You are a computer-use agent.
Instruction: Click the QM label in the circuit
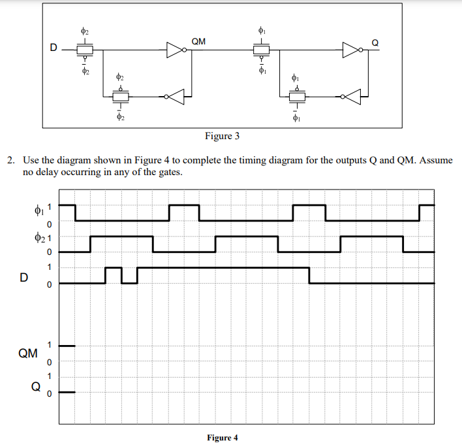[x=199, y=42]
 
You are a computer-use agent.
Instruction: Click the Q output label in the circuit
[x=375, y=42]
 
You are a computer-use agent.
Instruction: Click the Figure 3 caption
[x=222, y=136]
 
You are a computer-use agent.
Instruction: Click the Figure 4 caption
[x=223, y=437]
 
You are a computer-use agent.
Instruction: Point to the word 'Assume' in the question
[x=435, y=160]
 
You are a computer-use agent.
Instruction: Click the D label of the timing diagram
[x=23, y=277]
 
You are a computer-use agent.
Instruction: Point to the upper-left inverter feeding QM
[x=176, y=50]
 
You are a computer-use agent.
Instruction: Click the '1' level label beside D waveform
[x=48, y=267]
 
